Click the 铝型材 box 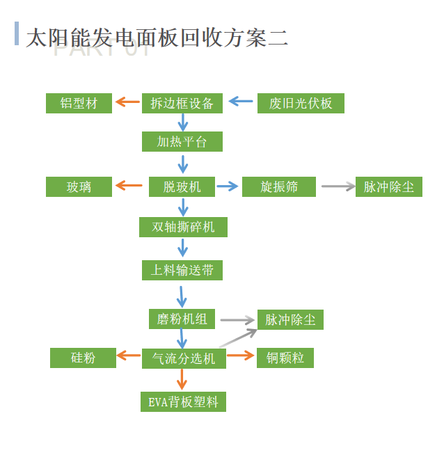(x=79, y=104)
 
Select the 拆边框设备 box (x=182, y=104)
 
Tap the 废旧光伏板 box (x=301, y=104)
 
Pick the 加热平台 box (x=182, y=142)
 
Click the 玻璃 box (x=79, y=186)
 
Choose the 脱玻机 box (x=182, y=186)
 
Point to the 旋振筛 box (x=279, y=186)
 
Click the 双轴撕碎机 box (x=183, y=227)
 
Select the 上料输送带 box (x=182, y=269)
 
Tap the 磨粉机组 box (x=182, y=319)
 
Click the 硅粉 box (x=83, y=358)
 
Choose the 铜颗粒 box (x=285, y=358)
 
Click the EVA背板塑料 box (x=183, y=401)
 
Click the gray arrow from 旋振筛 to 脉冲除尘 (x=338, y=186)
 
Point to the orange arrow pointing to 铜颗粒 (x=241, y=356)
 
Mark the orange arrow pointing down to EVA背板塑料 (x=182, y=379)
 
